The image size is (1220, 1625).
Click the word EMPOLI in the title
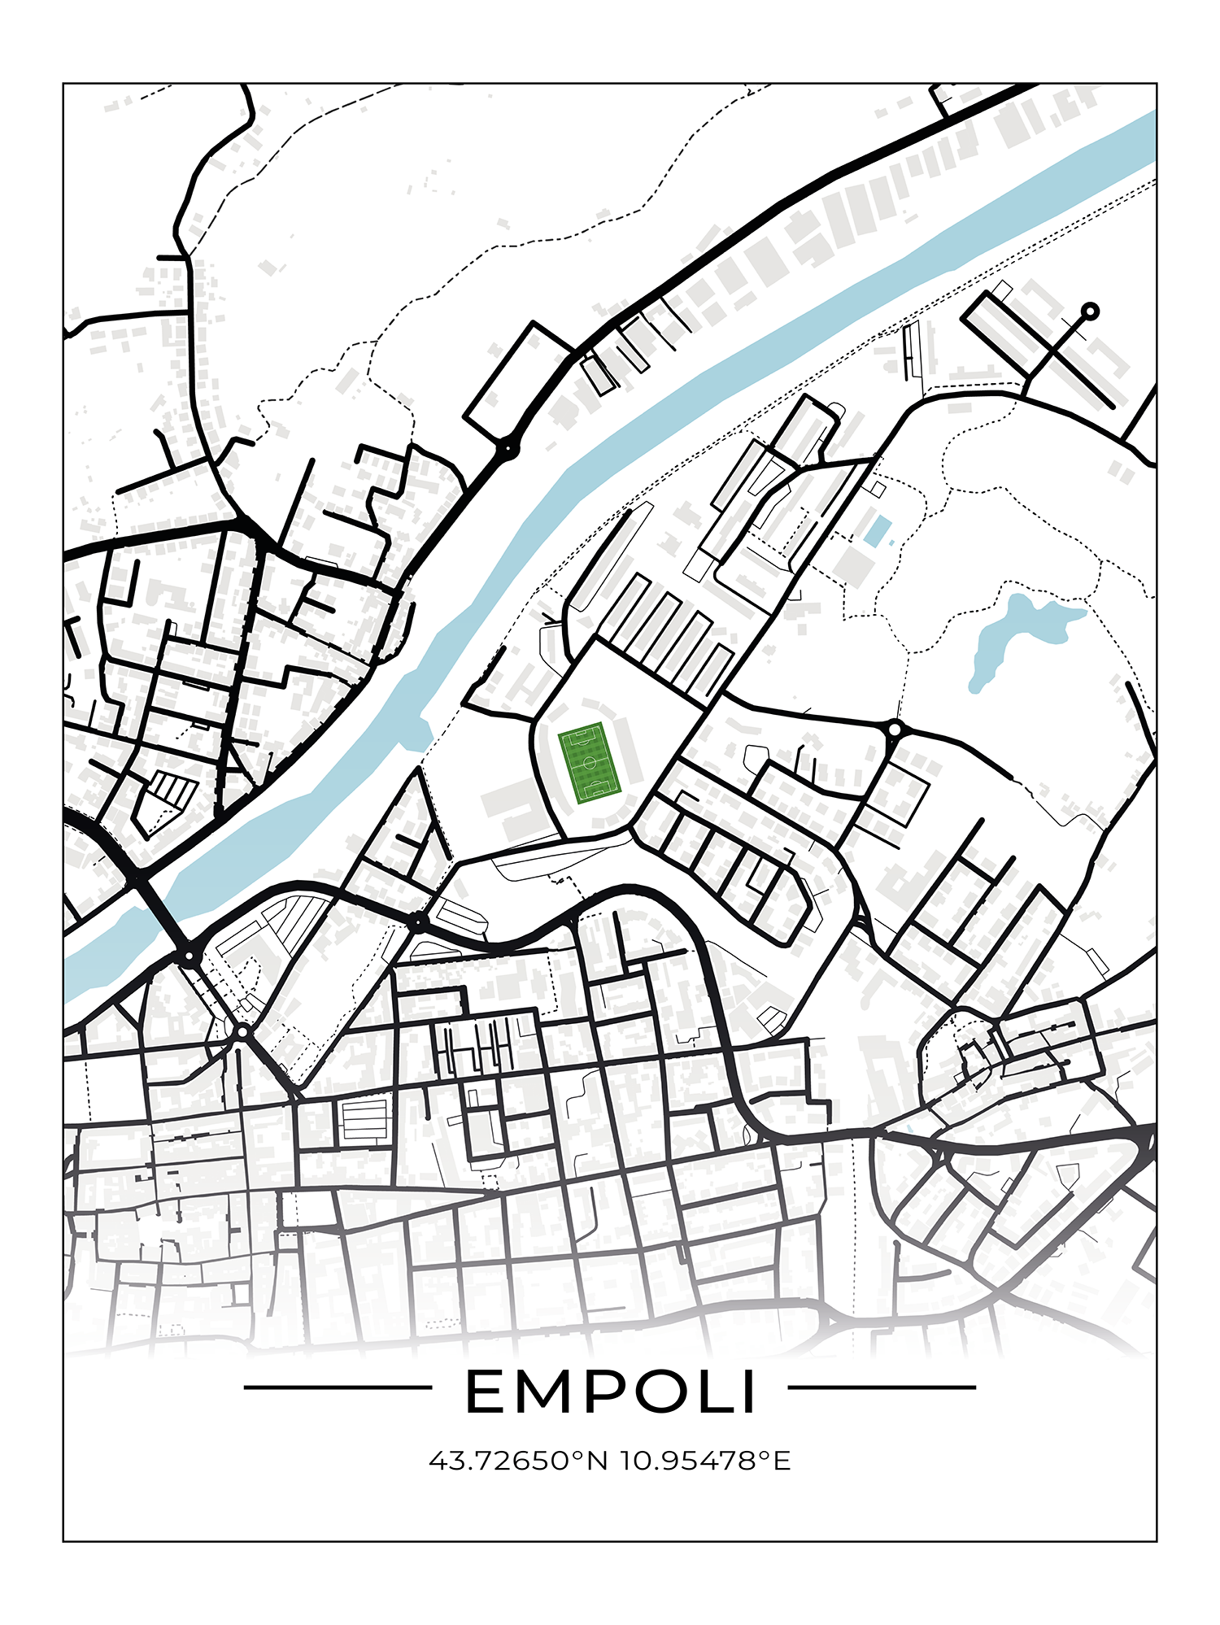[610, 1392]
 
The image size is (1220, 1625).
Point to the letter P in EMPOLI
[605, 1392]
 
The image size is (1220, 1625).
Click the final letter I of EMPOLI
[748, 1392]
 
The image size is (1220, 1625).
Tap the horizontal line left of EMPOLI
[337, 1388]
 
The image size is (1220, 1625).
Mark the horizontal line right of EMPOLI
[882, 1388]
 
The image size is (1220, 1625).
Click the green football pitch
[590, 763]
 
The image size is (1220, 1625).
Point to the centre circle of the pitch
[590, 763]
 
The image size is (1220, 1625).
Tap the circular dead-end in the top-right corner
[1090, 311]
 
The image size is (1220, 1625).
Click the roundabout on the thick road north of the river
[508, 447]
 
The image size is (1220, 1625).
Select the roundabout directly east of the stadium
[895, 729]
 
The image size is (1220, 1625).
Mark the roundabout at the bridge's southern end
[190, 955]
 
